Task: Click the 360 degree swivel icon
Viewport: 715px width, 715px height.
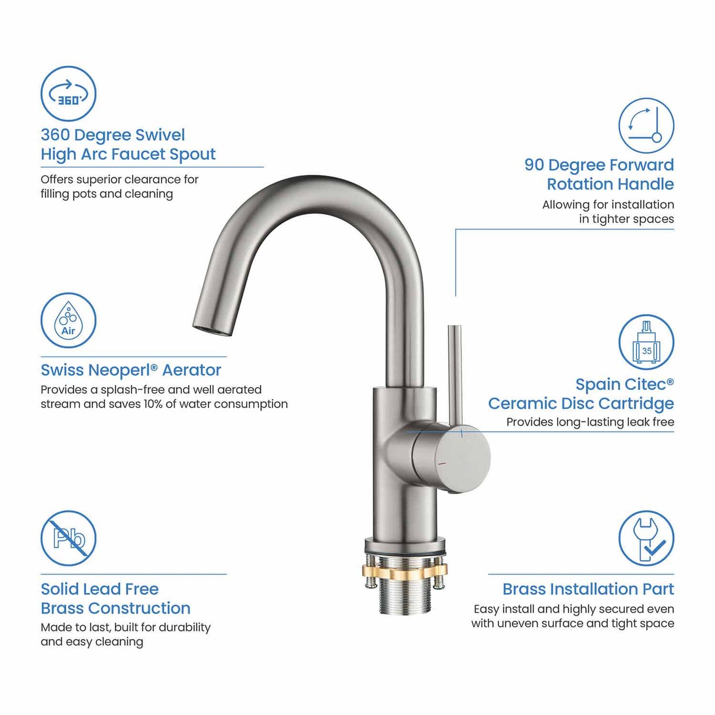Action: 68,94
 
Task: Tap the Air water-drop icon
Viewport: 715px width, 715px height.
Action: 68,320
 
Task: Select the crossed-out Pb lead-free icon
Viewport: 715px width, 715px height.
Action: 68,538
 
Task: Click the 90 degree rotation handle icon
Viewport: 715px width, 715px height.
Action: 646,125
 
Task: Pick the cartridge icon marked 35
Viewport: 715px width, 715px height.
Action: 646,342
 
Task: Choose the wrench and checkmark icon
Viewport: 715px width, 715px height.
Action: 646,538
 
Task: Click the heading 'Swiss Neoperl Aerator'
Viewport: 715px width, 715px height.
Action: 131,370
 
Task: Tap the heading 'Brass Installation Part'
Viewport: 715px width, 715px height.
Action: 588,589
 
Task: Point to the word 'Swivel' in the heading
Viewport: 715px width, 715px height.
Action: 160,135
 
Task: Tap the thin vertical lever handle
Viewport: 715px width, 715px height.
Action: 454,371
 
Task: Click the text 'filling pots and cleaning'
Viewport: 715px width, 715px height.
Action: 106,193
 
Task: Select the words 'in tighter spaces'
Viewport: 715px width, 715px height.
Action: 626,219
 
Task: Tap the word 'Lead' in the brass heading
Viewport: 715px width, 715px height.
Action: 103,589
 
